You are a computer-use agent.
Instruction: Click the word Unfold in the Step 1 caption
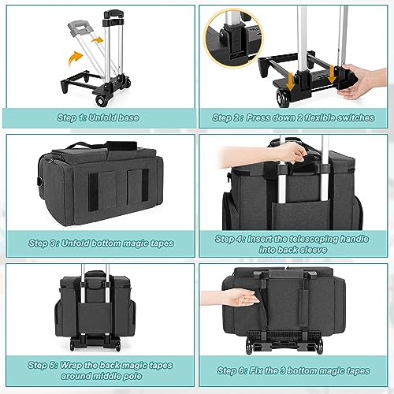click(x=101, y=117)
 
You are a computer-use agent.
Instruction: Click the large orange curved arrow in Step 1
click(x=74, y=58)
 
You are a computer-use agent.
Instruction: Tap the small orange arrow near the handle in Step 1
click(x=97, y=40)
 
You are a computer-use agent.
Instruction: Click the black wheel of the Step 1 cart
click(x=102, y=101)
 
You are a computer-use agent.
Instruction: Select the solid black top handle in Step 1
click(x=113, y=13)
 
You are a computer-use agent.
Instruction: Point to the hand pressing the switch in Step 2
click(x=362, y=81)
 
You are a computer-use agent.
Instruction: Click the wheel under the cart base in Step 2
click(x=283, y=98)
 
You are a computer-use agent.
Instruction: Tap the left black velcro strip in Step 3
click(x=93, y=191)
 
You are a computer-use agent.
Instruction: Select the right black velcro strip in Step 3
click(x=145, y=185)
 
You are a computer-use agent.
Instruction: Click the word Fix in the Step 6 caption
click(x=256, y=370)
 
